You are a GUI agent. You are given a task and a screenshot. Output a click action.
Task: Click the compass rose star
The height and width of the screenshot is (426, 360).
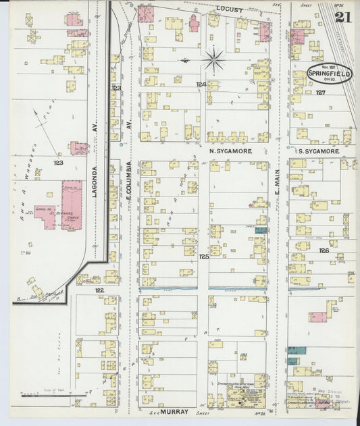click(213, 61)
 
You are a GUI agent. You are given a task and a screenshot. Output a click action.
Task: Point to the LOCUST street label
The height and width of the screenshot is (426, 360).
click(229, 9)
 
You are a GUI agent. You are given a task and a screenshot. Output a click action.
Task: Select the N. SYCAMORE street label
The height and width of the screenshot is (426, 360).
click(230, 151)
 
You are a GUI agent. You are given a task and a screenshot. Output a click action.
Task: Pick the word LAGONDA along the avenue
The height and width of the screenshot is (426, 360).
click(96, 182)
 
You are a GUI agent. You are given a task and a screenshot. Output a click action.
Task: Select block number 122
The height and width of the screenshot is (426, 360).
click(100, 289)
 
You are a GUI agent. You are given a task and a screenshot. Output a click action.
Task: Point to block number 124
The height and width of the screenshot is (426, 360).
click(201, 84)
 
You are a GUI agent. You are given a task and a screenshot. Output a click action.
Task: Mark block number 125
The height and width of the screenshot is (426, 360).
click(203, 257)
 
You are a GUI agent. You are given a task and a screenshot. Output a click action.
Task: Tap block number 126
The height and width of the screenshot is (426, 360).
click(324, 250)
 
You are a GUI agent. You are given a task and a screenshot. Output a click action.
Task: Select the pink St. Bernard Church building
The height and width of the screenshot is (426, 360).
click(72, 204)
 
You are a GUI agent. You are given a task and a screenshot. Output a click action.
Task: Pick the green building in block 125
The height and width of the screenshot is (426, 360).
click(261, 230)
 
